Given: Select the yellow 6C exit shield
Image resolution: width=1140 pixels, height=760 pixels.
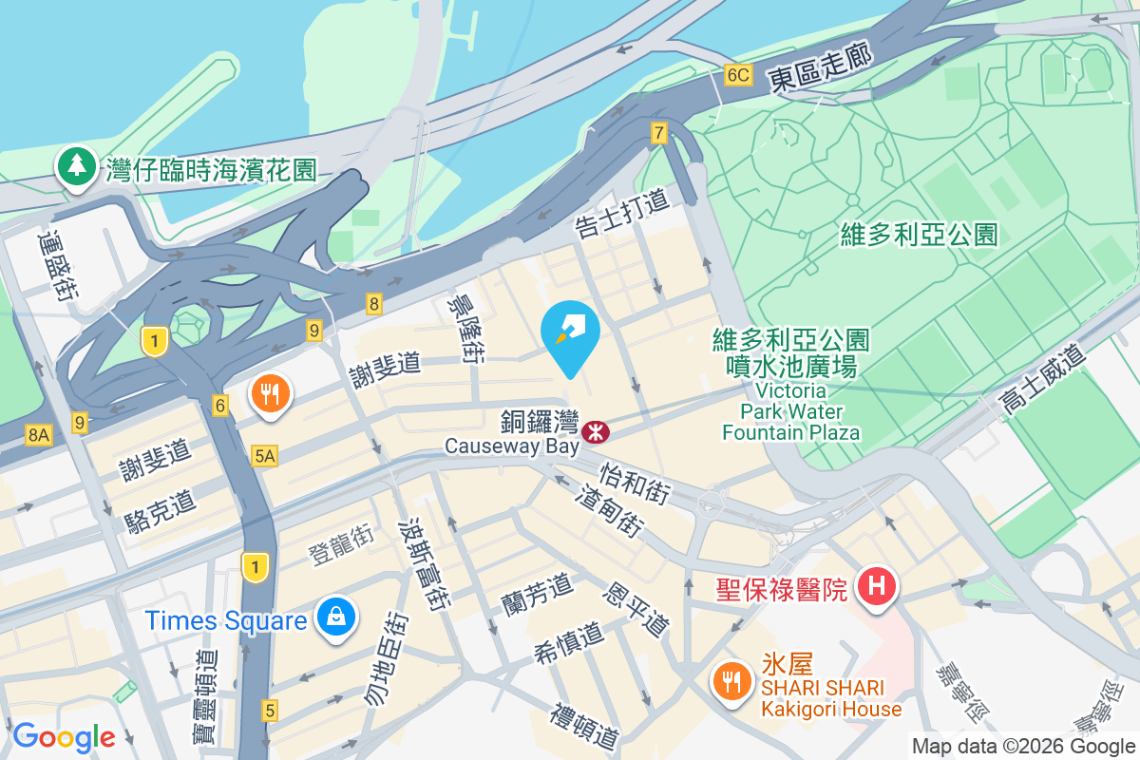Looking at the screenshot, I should (737, 75).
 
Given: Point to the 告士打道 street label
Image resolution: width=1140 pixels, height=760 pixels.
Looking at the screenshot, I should (622, 212).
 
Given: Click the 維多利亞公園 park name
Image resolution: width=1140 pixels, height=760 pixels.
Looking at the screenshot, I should (920, 234).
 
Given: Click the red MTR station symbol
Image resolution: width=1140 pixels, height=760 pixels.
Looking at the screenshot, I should (597, 432).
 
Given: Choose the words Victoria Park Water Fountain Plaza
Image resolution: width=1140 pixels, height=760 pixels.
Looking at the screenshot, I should (790, 410).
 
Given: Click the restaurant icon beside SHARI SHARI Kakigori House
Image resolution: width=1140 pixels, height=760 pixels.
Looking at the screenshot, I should (731, 680).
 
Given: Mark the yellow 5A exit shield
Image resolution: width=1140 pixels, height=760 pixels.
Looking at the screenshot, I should (265, 457).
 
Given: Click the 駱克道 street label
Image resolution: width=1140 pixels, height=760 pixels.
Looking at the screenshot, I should (159, 510).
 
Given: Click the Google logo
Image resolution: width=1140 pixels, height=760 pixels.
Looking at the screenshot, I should (64, 736).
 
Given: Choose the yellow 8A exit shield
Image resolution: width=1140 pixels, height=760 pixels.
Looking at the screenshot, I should (38, 435).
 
